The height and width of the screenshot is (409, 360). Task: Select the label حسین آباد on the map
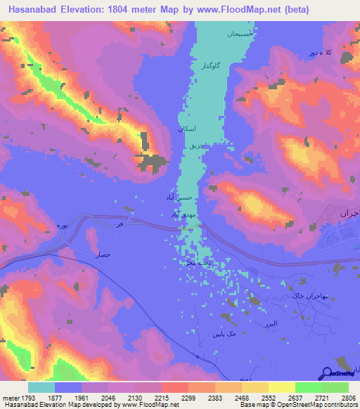pos(183,199)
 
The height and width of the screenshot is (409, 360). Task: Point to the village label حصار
pos(103,257)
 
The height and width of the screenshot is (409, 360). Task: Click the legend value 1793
pos(20,398)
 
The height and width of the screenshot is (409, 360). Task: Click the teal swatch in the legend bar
pos(41,387)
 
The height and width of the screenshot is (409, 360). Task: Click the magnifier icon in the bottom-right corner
pos(328,375)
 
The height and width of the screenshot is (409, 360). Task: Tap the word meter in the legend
pos(11,398)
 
